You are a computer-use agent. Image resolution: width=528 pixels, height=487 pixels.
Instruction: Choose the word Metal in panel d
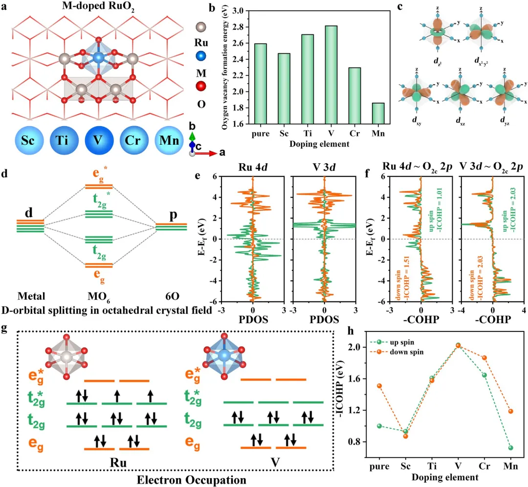31,295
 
